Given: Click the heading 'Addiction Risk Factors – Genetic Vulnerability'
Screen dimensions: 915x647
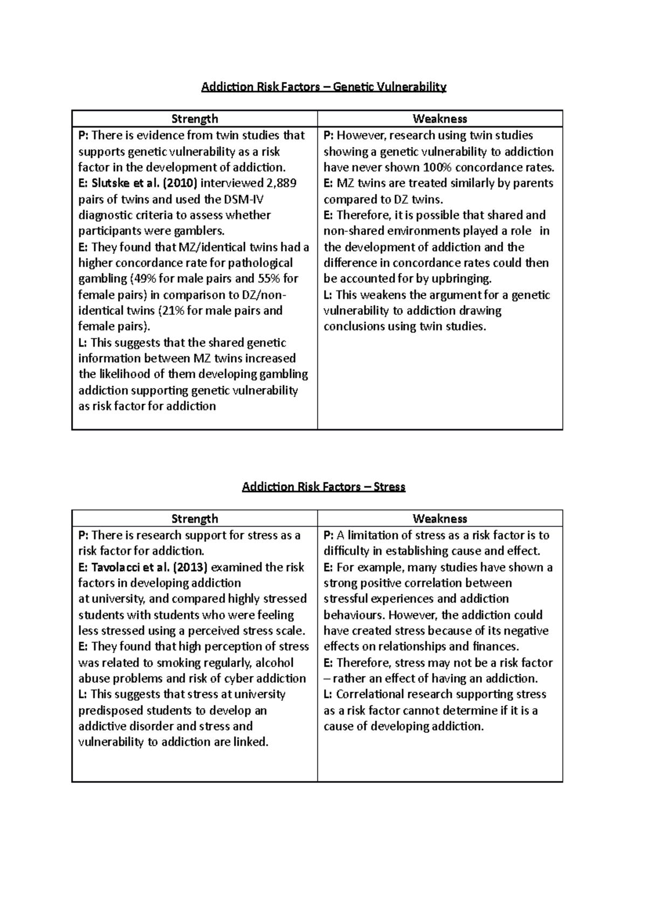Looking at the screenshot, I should coord(323,87).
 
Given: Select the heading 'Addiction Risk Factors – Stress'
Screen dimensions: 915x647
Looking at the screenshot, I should coord(323,487).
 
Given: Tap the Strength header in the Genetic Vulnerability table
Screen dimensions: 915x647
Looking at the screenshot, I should coord(195,119).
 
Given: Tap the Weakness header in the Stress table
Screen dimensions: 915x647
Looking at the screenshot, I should coord(439,519).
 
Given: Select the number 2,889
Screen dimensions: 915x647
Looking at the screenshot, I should coord(278,183).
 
